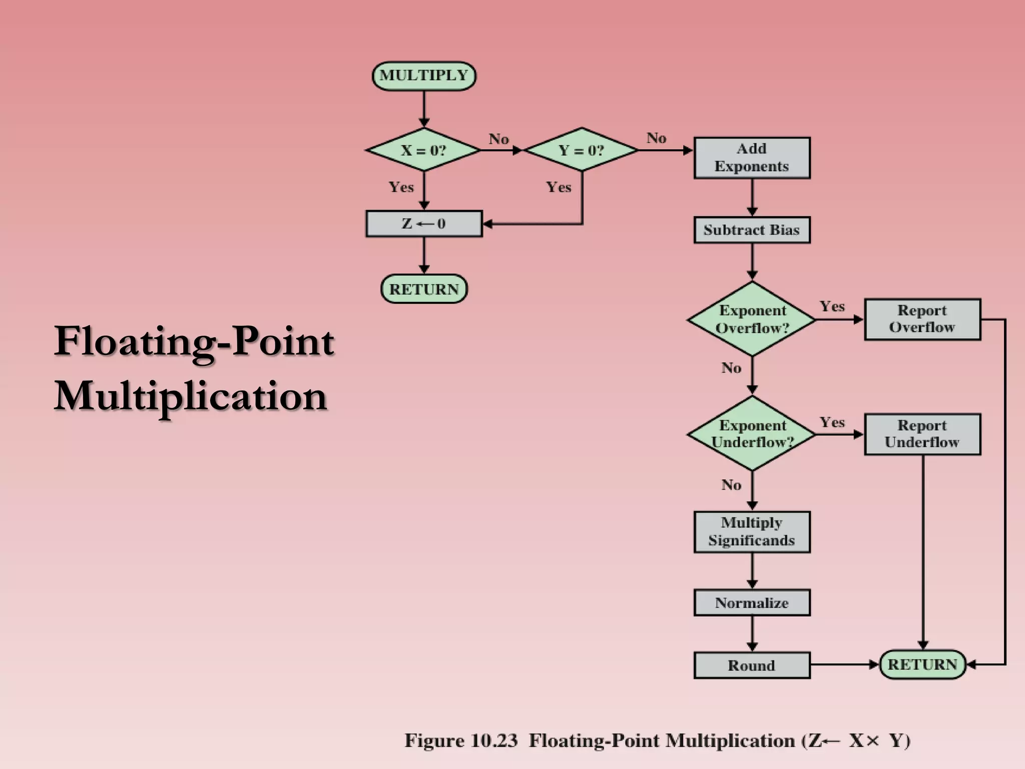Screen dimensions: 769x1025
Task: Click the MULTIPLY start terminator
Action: [x=424, y=76]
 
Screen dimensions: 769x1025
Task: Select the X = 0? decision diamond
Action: [x=423, y=150]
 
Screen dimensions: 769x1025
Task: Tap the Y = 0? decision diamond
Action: [x=581, y=150]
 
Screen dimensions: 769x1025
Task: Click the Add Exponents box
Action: [x=751, y=158]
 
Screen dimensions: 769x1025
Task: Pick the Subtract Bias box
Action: [x=751, y=230]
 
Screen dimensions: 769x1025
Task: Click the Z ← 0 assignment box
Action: [x=423, y=223]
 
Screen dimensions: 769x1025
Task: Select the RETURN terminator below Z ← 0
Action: [x=424, y=289]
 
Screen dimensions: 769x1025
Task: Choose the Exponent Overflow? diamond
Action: [x=752, y=319]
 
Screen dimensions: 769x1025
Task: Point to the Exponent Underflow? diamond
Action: [x=752, y=434]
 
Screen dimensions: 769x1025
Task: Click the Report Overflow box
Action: [x=922, y=319]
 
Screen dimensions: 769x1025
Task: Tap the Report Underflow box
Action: [x=922, y=434]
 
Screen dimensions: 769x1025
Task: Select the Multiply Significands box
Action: [x=751, y=532]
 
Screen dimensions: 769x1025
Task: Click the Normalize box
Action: [x=751, y=602]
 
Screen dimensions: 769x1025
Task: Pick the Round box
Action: [x=751, y=665]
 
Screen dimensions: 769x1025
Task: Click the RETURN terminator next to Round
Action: [x=922, y=664]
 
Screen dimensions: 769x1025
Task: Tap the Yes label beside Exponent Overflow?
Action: [x=832, y=306]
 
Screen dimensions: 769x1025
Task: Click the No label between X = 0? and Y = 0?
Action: [x=498, y=139]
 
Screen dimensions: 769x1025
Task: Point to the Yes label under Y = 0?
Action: [x=558, y=187]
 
